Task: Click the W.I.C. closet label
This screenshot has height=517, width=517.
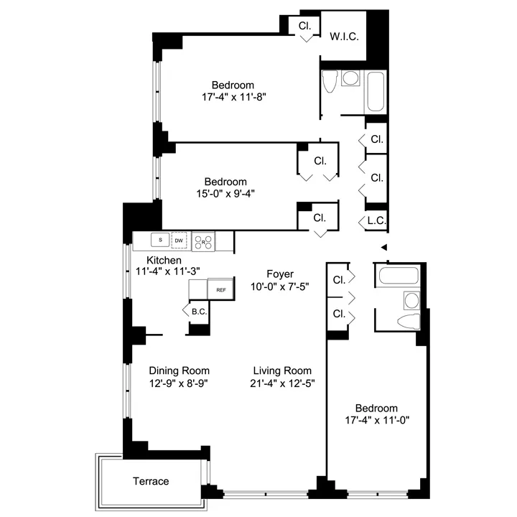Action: (x=344, y=37)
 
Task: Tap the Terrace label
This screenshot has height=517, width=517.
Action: (x=152, y=481)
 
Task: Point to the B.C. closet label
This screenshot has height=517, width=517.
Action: (x=199, y=311)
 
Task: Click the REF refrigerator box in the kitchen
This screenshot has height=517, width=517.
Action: (x=221, y=289)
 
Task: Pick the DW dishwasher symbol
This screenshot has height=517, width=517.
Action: (x=180, y=240)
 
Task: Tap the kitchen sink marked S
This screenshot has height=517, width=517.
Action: (x=160, y=240)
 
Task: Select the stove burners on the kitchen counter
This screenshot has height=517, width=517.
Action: (x=203, y=241)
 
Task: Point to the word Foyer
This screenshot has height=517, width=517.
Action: (x=280, y=274)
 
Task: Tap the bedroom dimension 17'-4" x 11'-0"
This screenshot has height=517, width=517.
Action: (x=377, y=419)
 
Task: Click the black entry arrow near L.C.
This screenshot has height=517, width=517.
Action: (x=384, y=248)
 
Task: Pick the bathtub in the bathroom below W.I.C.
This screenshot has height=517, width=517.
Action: (x=376, y=92)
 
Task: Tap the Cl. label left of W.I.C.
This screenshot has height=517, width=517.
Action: (x=305, y=25)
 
